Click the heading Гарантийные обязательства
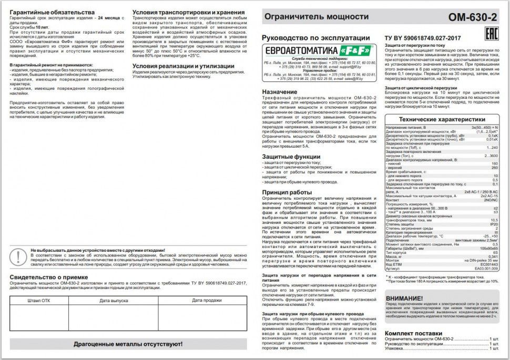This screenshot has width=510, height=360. [x=53, y=12]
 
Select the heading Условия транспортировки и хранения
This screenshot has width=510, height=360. [x=188, y=12]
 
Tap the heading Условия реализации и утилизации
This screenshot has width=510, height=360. [x=183, y=66]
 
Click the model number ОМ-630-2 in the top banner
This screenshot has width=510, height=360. [x=472, y=17]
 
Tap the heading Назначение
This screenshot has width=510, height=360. [x=282, y=91]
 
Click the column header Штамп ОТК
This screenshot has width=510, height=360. [x=39, y=300]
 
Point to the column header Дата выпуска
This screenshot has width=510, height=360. [x=114, y=300]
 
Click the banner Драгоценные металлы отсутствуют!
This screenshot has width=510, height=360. [x=128, y=344]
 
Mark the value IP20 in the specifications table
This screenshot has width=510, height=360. [x=493, y=224]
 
